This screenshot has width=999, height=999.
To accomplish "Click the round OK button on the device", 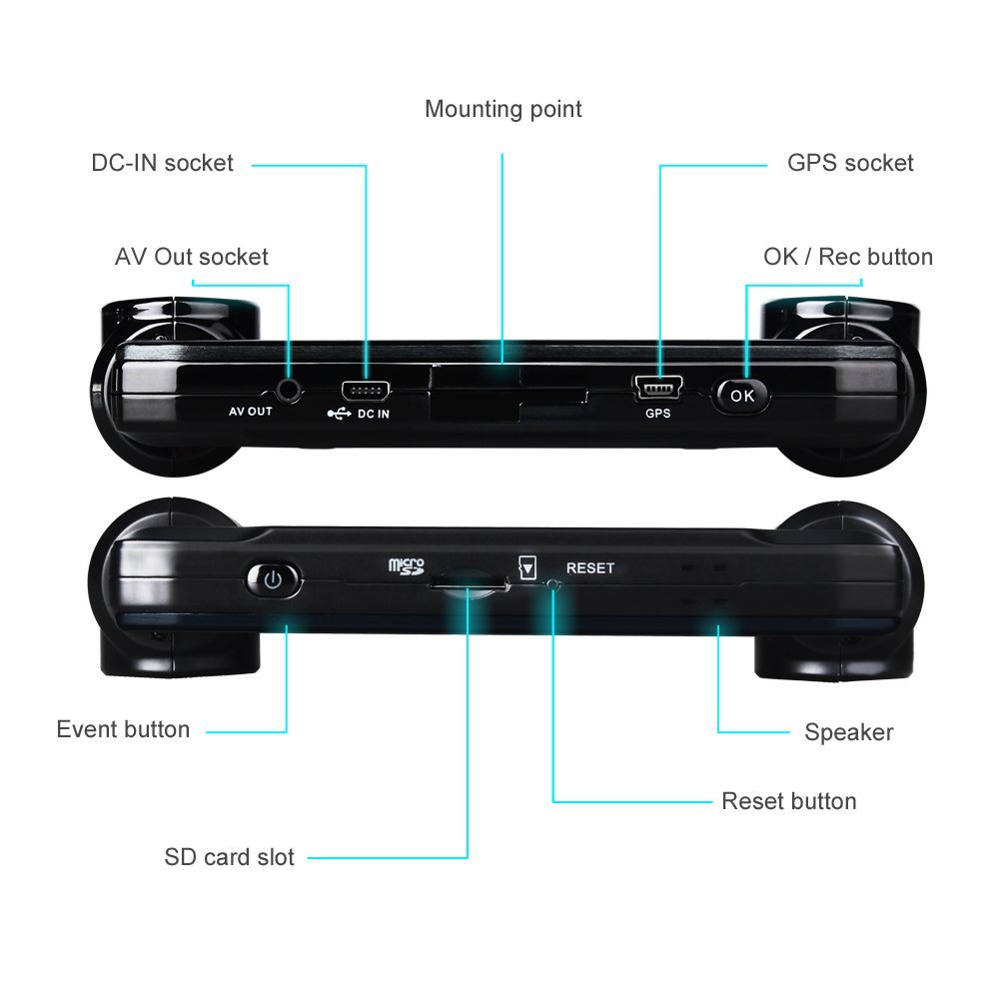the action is (741, 396).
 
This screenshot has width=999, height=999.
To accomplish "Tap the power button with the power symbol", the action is (274, 579).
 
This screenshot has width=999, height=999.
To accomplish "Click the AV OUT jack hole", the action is (290, 390).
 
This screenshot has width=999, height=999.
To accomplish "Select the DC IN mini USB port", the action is (365, 391).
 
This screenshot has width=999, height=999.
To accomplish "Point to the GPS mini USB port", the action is (657, 387).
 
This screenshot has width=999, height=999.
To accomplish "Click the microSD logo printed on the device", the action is (407, 566).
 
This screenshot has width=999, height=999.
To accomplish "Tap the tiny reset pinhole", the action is (553, 583).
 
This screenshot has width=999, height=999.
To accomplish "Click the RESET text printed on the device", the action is (590, 567).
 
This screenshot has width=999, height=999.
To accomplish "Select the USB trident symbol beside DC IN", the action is (339, 415).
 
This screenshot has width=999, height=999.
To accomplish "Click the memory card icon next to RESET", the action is (527, 567).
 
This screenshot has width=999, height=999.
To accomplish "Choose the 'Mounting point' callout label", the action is (503, 109).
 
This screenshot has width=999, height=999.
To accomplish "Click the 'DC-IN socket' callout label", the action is (163, 163).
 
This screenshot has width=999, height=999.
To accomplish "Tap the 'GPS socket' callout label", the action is (850, 163).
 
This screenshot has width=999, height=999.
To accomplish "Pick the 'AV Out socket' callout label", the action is (192, 257).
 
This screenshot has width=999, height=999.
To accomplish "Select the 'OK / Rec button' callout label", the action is (848, 257).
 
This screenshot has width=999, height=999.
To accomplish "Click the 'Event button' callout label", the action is (123, 729).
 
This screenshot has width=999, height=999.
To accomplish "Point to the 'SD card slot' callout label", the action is (230, 857).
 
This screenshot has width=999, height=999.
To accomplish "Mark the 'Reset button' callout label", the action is (789, 801).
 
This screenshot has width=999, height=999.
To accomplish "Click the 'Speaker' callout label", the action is (848, 732).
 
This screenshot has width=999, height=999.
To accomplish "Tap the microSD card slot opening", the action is (469, 583).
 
